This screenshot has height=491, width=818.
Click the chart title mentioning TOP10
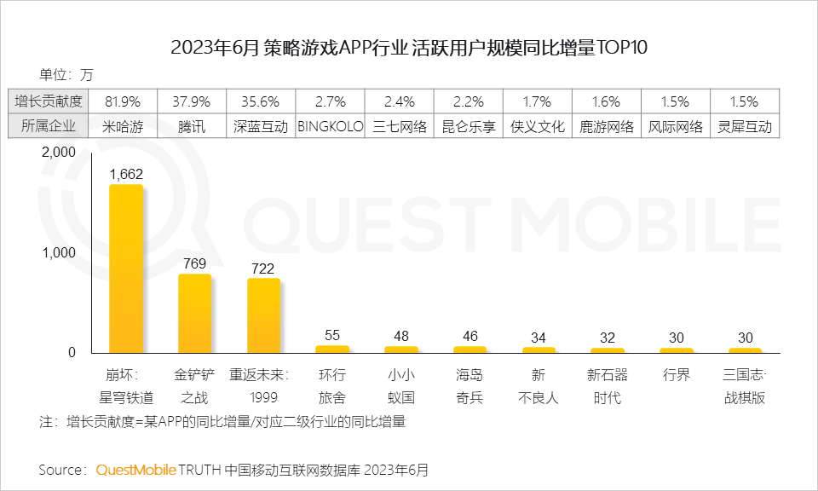[409, 47]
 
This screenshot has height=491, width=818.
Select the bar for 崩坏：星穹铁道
[125, 269]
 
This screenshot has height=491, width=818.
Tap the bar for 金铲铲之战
[194, 313]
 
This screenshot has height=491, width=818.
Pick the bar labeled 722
[263, 315]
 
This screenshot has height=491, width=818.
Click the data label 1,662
[125, 174]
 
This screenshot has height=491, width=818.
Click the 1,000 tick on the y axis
[59, 252]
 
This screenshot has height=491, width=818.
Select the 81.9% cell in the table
[122, 101]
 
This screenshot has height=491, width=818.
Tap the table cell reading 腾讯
[191, 126]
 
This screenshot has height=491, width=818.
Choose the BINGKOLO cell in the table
[330, 126]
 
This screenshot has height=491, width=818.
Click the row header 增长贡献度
[49, 101]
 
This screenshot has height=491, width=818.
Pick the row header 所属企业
[49, 126]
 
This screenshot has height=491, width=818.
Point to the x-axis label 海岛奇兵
[469, 386]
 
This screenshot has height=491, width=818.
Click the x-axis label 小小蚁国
[400, 386]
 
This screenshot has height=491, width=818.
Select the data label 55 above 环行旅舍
[332, 335]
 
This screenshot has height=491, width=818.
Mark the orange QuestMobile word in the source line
[135, 470]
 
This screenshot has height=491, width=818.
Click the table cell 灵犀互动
[744, 126]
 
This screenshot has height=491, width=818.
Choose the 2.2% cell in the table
[469, 101]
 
